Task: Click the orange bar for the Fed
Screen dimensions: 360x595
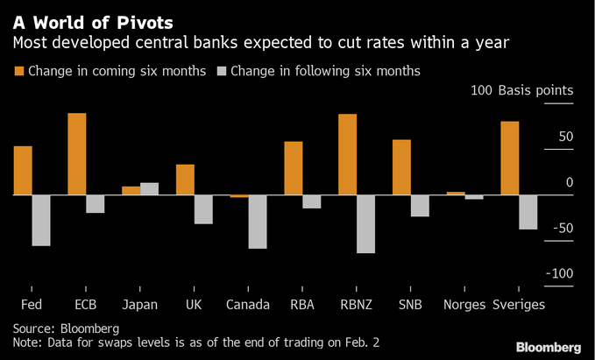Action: [23, 170]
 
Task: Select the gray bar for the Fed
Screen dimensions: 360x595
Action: [41, 220]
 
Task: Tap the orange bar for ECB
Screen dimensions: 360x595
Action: [77, 153]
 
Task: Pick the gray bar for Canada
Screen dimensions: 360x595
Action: [257, 222]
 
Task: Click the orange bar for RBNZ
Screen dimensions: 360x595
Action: [347, 154]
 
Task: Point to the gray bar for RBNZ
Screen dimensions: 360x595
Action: [365, 223]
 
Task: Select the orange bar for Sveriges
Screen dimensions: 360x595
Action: [509, 158]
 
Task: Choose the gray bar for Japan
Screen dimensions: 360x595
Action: [149, 188]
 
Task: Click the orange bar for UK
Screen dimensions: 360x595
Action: [185, 180]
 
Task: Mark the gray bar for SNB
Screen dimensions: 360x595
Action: [420, 205]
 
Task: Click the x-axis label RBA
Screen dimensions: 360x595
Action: [301, 305]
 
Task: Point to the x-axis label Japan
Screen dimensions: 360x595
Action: [140, 305]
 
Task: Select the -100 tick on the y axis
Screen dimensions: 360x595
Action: [558, 274]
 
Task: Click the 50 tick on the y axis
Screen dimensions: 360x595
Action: [565, 137]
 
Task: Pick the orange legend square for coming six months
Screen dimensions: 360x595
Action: [18, 70]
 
